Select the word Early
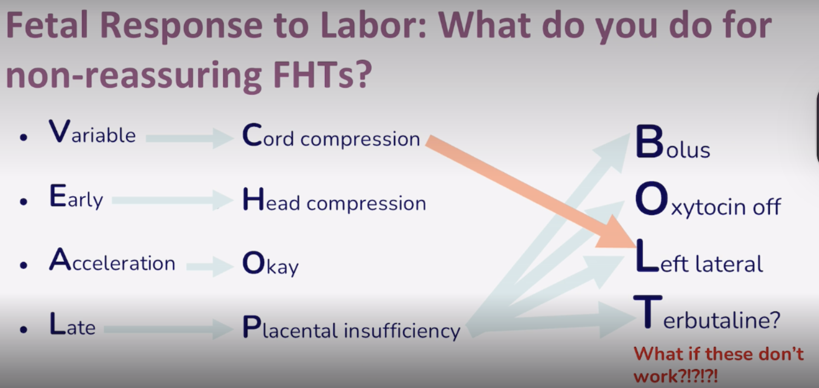[76, 198]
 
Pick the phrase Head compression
[334, 202]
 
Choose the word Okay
[270, 266]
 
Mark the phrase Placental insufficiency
[351, 329]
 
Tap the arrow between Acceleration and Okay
[209, 267]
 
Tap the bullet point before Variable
[23, 138]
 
